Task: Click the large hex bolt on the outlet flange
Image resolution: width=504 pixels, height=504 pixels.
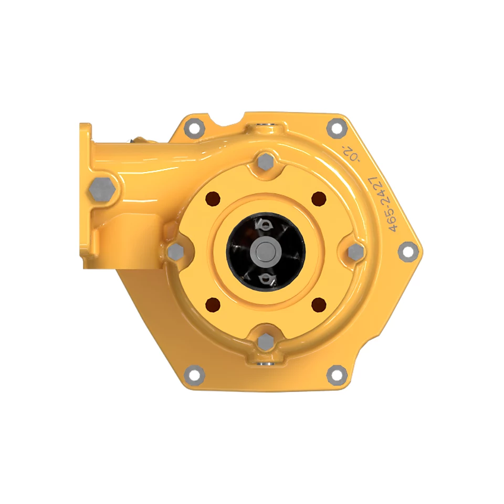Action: tap(102, 190)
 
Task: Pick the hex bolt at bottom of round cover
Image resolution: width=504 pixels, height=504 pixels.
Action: tap(266, 342)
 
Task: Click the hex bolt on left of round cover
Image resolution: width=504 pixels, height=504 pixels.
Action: tap(175, 251)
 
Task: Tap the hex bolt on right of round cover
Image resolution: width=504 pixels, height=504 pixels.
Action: tap(355, 251)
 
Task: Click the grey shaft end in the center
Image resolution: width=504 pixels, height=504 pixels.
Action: tap(266, 251)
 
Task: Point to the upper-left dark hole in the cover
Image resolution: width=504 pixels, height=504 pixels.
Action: tap(213, 198)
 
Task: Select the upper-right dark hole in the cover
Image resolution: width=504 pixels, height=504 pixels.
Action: tap(319, 198)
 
